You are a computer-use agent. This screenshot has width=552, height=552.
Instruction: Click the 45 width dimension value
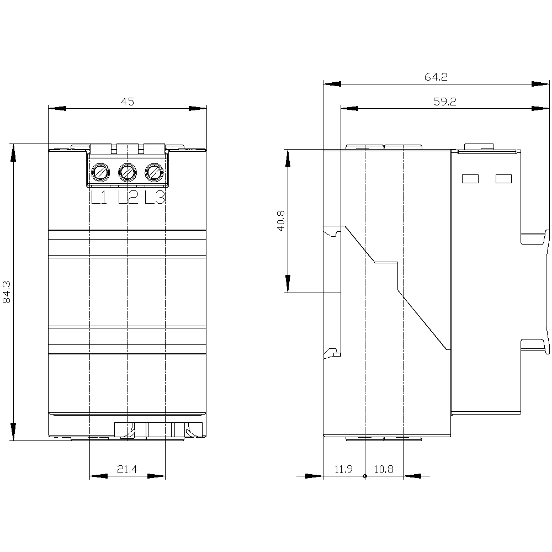[x=128, y=101]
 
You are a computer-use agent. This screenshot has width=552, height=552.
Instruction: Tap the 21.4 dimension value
[x=127, y=469]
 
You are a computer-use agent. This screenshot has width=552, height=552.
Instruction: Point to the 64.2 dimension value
[x=436, y=77]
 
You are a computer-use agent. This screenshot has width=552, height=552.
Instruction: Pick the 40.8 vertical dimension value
[x=280, y=220]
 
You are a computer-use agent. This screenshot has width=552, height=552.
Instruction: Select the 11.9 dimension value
[x=343, y=469]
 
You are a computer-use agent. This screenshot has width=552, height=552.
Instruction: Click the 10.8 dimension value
[x=384, y=469]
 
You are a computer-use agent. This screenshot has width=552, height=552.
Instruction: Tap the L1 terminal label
[x=99, y=198]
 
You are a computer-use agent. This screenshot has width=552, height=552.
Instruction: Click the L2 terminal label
[x=128, y=198]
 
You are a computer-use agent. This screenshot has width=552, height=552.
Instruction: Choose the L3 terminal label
[x=155, y=198]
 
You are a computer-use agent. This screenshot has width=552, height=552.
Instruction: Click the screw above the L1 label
[x=100, y=173]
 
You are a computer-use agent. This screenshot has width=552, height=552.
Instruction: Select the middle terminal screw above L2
[x=128, y=173]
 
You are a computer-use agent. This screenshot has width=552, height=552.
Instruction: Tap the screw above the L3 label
[x=154, y=173]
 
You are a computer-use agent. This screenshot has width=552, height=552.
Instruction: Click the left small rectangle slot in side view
[x=469, y=179]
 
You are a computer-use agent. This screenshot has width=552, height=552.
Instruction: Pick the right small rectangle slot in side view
[x=503, y=179]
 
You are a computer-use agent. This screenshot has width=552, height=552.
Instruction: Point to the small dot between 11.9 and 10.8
[x=365, y=476]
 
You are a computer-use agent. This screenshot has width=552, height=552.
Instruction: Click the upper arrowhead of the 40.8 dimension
[x=288, y=158]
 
